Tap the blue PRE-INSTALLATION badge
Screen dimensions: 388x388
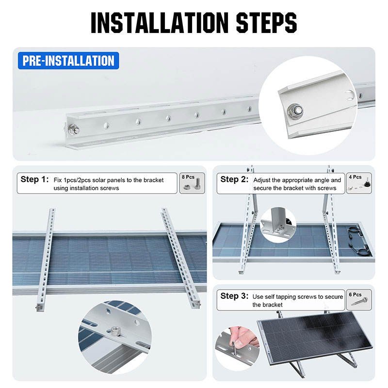68,61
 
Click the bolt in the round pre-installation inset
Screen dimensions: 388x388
294,110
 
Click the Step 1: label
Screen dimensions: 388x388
34,179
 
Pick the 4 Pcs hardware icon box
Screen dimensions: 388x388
358,183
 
